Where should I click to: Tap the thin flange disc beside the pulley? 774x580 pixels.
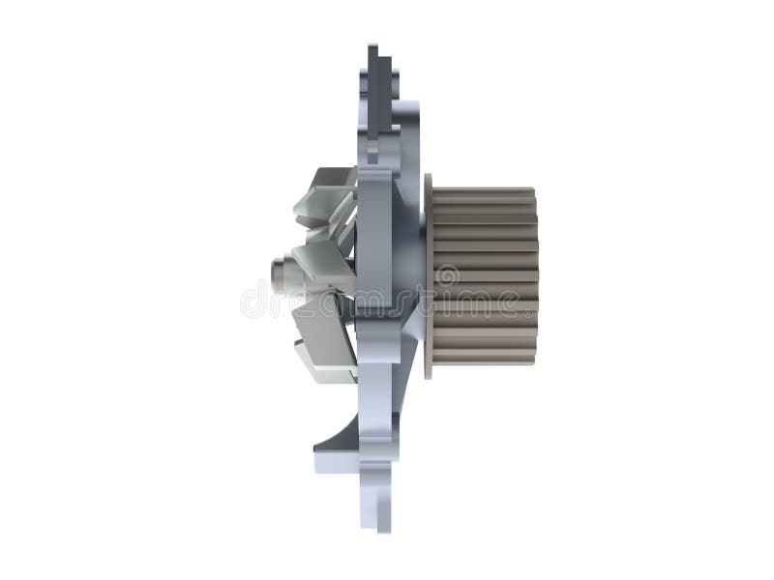(428, 275)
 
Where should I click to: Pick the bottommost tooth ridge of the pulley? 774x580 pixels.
(484, 359)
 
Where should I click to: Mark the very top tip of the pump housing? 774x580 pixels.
(372, 45)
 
